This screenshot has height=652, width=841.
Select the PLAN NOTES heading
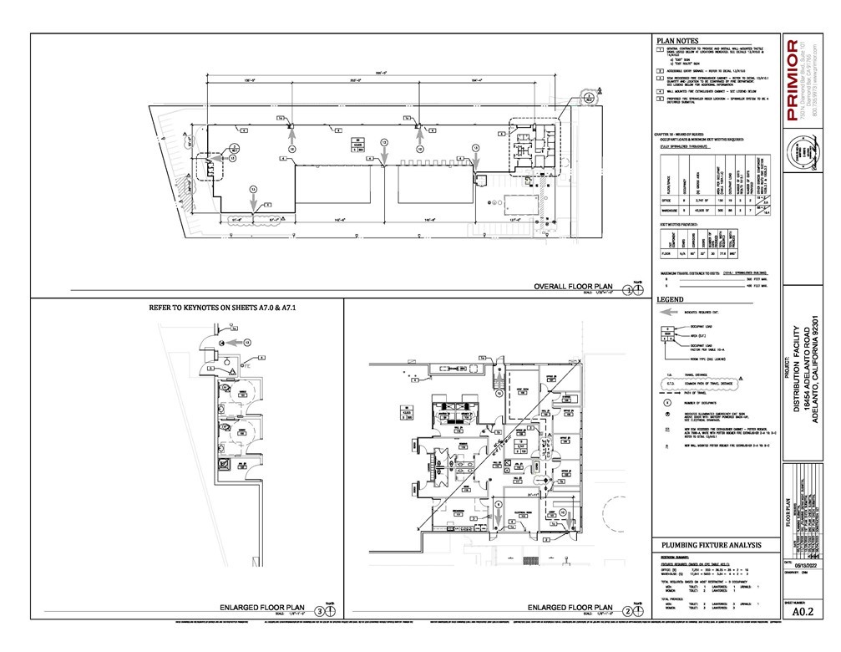click(677, 40)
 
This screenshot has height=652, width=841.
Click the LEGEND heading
click(670, 298)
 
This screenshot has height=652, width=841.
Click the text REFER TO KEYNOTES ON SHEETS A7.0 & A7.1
click(224, 308)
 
